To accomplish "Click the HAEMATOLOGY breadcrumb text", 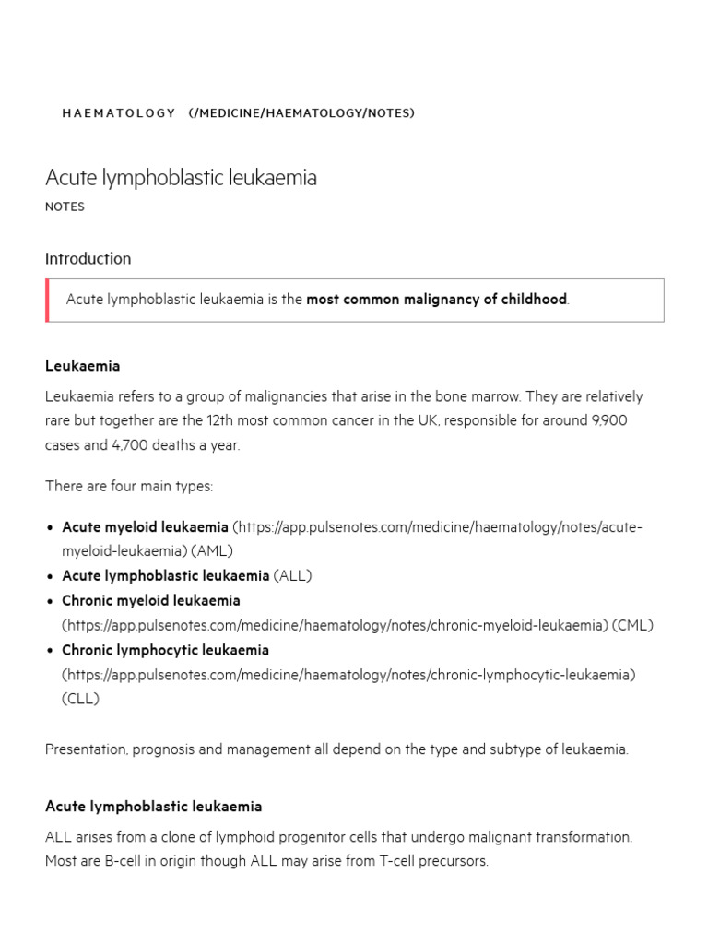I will tap(118, 113).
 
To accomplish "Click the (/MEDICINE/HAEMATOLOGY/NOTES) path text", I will tap(301, 113).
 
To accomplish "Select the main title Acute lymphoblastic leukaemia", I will tap(181, 178).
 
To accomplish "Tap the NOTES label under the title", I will tap(65, 207).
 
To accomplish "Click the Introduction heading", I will tap(88, 259).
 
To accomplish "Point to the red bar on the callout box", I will tap(47, 301).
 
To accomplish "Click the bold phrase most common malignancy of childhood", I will tap(436, 300).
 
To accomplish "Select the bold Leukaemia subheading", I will tap(82, 366).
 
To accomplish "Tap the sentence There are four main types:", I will tap(128, 486).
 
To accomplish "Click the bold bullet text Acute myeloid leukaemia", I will tap(145, 527).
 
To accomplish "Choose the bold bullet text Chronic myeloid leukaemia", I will tap(150, 601).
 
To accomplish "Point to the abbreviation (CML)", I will tap(632, 625).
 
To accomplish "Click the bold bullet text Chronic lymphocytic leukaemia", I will tap(165, 650).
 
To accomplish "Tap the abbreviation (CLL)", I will tap(80, 699).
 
